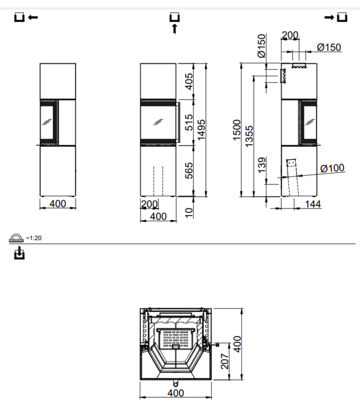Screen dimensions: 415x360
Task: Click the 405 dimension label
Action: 188,81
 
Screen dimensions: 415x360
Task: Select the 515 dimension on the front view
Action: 188,122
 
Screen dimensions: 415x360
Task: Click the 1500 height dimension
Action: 237,130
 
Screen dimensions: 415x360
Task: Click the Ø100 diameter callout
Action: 332,168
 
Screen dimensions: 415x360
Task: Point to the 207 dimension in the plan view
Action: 224,362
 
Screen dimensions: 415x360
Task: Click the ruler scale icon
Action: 16,238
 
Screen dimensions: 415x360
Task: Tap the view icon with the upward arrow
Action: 175,23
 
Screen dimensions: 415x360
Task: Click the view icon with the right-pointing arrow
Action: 336,18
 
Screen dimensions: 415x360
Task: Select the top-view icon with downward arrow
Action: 20,254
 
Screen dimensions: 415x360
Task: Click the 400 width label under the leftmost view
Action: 58,204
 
